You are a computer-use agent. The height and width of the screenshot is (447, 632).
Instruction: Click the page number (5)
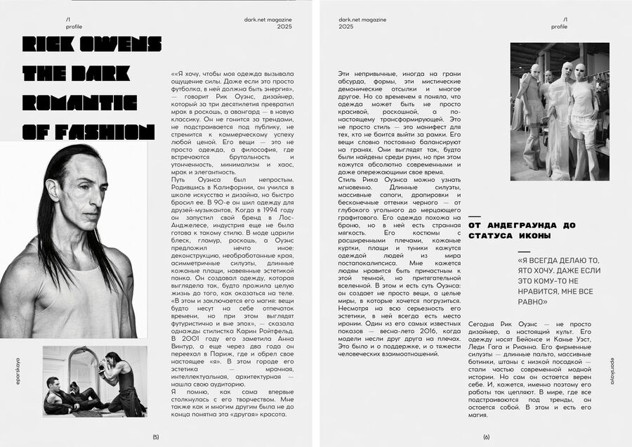click(156, 436)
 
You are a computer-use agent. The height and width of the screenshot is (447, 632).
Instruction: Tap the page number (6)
click(486, 436)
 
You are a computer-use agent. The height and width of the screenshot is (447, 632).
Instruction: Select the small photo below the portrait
click(95, 381)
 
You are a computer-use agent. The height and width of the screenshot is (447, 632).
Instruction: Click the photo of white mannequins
click(560, 111)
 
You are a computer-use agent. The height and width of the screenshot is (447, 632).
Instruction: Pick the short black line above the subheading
click(475, 216)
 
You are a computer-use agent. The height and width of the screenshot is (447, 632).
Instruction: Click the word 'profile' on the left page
click(74, 26)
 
